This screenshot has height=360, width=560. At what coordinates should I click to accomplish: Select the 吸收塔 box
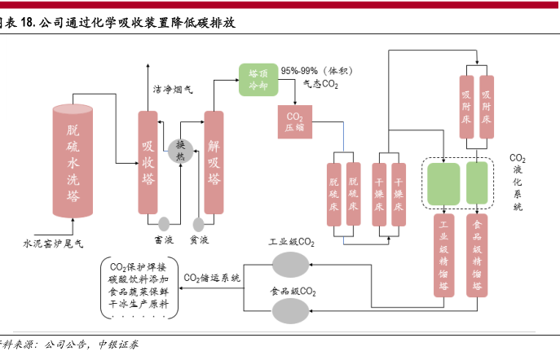(x=148, y=163)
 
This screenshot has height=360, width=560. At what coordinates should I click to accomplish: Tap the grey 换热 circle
(x=180, y=148)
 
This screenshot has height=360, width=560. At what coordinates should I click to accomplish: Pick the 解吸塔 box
(x=214, y=163)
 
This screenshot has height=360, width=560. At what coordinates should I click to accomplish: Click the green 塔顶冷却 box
(x=258, y=79)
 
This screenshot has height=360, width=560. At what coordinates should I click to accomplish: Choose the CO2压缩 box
(x=294, y=121)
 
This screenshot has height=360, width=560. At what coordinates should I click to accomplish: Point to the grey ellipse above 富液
(x=164, y=223)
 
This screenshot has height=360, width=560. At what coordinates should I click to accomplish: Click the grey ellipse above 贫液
(x=197, y=223)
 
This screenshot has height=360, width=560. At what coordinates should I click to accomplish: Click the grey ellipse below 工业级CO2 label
(x=291, y=263)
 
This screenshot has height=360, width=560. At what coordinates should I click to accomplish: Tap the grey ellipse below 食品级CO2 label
(x=291, y=310)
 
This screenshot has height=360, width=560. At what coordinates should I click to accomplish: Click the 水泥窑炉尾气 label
(x=52, y=243)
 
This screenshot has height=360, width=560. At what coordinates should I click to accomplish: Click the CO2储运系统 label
(x=212, y=278)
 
